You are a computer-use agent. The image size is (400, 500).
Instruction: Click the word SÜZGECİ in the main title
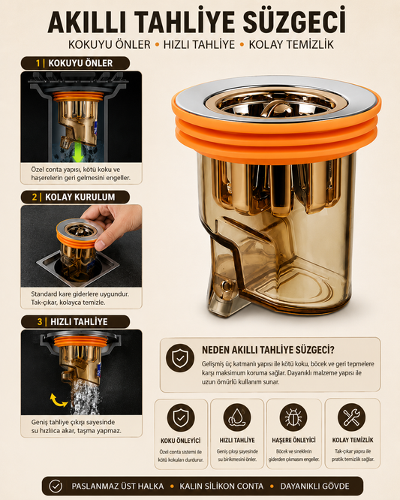tap(294, 21)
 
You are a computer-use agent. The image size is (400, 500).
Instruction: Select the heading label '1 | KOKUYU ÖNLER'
tap(75, 63)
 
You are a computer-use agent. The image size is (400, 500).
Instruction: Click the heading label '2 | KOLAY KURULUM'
tap(75, 197)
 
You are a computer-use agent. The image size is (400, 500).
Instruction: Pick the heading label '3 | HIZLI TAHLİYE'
tap(75, 322)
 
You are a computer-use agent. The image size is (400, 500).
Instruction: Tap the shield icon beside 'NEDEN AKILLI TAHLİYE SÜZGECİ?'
tap(180, 358)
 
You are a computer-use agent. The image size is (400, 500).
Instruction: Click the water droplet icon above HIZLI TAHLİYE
tap(237, 417)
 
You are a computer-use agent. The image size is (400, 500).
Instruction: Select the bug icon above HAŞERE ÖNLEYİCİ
tap(293, 417)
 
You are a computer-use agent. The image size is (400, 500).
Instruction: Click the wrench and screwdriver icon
tap(351, 417)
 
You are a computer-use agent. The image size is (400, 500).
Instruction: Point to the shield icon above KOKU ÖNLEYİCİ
tap(181, 417)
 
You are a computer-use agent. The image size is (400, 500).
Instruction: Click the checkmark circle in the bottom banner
tap(56, 486)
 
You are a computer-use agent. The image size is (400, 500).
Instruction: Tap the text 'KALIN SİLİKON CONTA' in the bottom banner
tap(221, 486)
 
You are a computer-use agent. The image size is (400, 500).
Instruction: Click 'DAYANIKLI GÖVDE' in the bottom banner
tap(314, 486)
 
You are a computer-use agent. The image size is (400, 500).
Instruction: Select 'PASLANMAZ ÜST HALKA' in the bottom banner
tap(118, 486)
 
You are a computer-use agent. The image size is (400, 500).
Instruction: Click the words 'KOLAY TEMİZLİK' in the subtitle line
tap(291, 44)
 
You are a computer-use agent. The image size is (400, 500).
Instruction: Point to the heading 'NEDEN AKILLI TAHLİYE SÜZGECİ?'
tap(268, 350)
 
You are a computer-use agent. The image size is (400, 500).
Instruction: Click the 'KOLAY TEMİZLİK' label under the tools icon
tap(353, 440)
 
